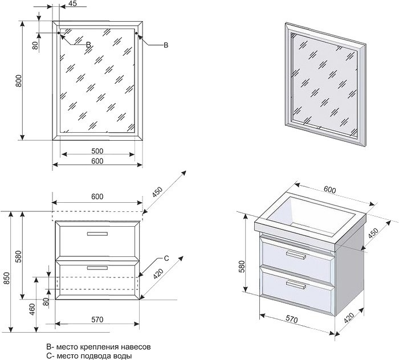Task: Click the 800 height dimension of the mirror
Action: pyautogui.click(x=19, y=81)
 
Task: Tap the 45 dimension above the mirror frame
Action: pyautogui.click(x=73, y=3)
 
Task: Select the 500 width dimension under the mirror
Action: pyautogui.click(x=97, y=151)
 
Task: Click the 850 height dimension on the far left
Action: pyautogui.click(x=7, y=278)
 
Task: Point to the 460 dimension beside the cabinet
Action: pyautogui.click(x=32, y=309)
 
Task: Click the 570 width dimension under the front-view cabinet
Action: pyautogui.click(x=97, y=320)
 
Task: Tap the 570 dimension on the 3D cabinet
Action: pyautogui.click(x=291, y=319)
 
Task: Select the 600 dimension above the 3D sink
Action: pyautogui.click(x=330, y=190)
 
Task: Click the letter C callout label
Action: pyautogui.click(x=166, y=258)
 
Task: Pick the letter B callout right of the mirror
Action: pyautogui.click(x=166, y=45)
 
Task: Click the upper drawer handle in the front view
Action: pyautogui.click(x=97, y=234)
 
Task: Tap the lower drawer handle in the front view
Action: pyautogui.click(x=97, y=268)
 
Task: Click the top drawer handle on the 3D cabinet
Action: pyautogui.click(x=296, y=255)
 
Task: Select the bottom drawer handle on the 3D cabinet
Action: pyautogui.click(x=296, y=284)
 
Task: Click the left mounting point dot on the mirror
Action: pyautogui.click(x=59, y=33)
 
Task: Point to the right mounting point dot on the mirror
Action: pyautogui.click(x=136, y=33)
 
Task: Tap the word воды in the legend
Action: pyautogui.click(x=123, y=355)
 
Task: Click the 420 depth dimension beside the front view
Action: pyautogui.click(x=158, y=274)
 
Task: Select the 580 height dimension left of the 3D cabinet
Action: pyautogui.click(x=242, y=266)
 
